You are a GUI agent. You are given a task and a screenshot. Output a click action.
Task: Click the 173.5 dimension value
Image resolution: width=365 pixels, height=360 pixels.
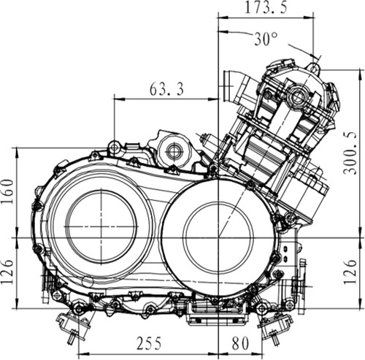266,8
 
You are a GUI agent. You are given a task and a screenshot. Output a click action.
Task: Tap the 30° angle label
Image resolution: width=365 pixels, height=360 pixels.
266,39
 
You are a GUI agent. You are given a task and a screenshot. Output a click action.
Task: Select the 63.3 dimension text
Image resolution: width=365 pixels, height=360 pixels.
166,89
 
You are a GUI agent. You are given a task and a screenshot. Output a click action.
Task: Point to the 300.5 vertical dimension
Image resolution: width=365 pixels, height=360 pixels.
350,153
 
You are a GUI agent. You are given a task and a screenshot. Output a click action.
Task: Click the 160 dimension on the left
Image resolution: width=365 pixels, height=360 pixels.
8,191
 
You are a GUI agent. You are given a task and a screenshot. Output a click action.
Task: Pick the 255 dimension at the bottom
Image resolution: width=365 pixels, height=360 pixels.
149,343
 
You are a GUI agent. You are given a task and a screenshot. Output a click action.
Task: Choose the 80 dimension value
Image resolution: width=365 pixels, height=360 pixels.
240,343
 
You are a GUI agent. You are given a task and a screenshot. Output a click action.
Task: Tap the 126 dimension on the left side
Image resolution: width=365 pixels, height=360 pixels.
8,272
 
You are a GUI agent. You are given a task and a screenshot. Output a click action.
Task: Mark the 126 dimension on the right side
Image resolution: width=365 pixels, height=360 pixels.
350,272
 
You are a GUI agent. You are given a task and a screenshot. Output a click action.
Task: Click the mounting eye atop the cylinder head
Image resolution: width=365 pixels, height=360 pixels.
314,68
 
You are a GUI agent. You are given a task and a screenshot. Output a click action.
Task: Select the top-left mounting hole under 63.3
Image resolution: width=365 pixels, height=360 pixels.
114,147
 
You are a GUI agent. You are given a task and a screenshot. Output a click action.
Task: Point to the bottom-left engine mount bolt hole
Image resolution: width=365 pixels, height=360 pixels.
79,309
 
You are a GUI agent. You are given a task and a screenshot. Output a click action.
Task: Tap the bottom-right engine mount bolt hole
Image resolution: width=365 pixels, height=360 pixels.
262,309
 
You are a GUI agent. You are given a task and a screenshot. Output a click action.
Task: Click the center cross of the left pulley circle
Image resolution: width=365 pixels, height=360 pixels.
101,226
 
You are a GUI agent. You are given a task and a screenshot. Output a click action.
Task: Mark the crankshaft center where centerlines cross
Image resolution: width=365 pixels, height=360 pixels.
218,237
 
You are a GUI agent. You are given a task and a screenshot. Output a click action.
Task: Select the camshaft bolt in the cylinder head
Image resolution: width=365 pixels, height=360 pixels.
297,96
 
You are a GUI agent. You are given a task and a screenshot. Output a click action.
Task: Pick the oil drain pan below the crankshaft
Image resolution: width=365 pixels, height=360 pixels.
218,314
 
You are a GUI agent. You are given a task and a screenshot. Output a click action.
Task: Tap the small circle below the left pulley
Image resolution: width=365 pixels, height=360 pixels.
88,281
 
